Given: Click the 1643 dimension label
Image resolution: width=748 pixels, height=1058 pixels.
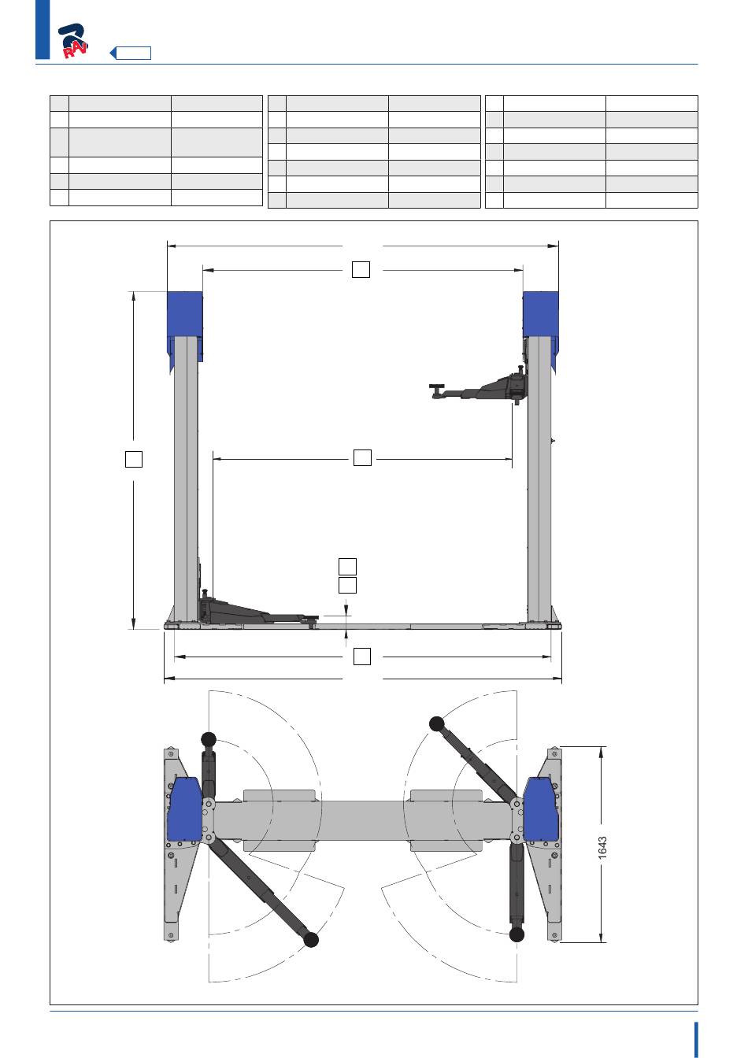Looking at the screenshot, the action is coord(602,847).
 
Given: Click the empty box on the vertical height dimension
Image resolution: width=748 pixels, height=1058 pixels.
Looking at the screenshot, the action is coord(134,459).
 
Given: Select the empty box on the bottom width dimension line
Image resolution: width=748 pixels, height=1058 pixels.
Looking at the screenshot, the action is coord(362,657).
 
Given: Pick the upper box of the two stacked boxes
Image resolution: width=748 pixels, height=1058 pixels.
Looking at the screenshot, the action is coord(347,566).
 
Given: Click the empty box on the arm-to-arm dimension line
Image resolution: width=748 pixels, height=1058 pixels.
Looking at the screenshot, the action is coord(362,457).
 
